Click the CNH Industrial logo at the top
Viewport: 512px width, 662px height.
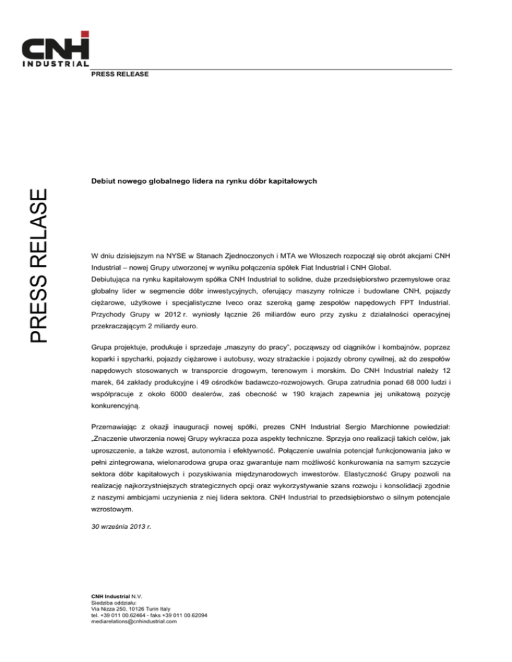(56, 49)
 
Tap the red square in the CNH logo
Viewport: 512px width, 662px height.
(85, 34)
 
